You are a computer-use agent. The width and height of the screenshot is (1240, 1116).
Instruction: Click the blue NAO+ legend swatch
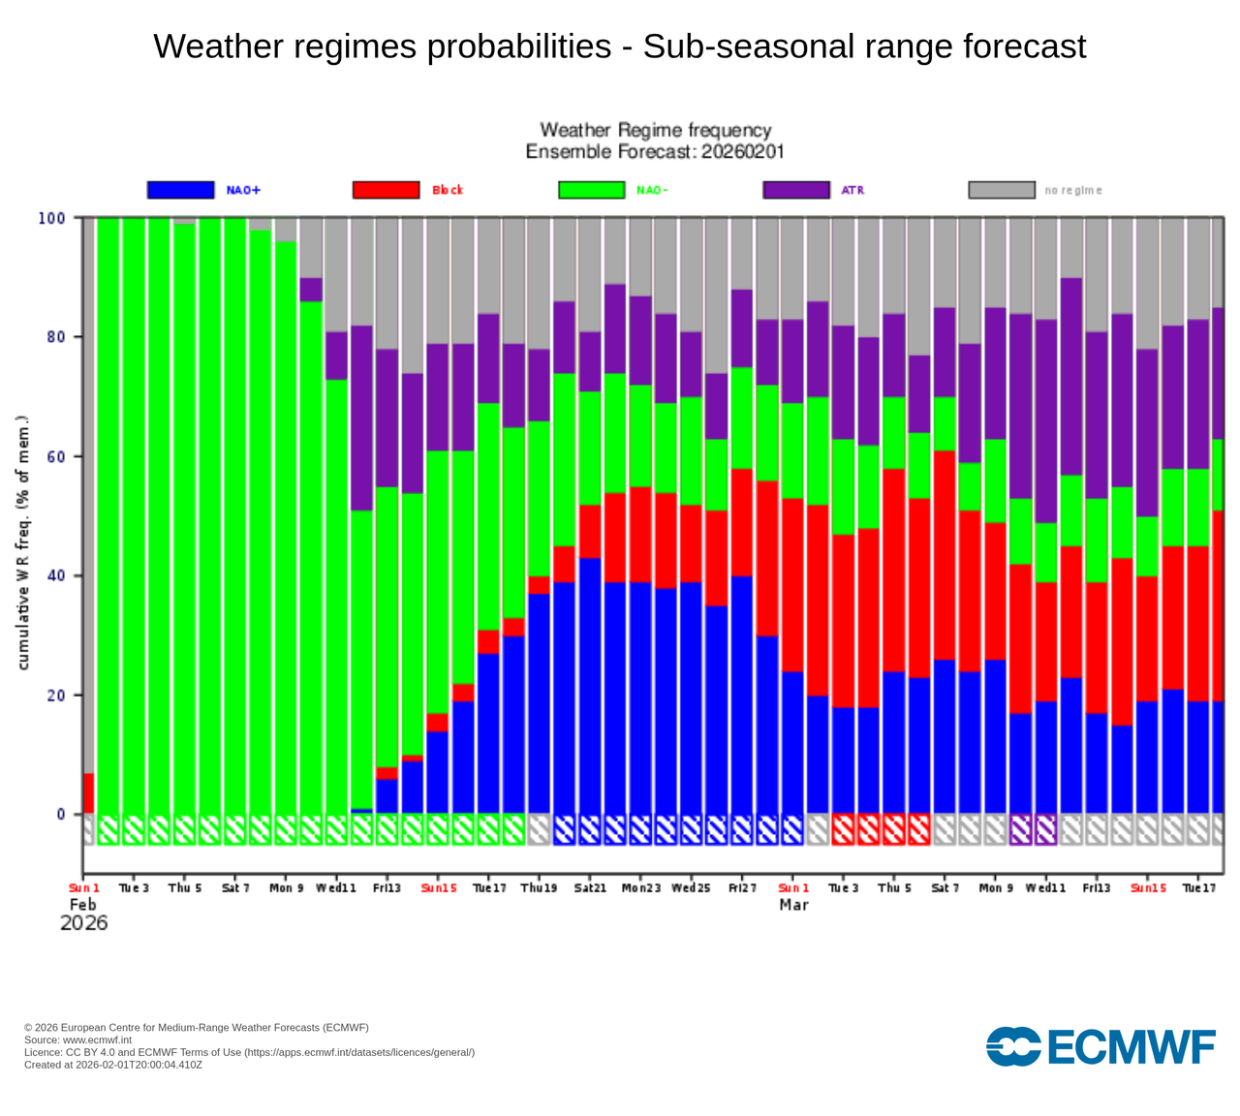tap(180, 190)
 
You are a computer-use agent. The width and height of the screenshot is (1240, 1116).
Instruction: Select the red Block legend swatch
tap(386, 190)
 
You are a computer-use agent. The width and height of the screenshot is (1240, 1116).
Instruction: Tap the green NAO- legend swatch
tap(591, 190)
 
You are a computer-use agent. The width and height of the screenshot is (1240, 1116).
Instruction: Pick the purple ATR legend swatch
tap(796, 190)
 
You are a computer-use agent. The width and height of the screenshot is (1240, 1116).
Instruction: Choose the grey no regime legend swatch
tap(1002, 190)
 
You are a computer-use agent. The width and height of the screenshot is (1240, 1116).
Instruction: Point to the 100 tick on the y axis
tap(52, 219)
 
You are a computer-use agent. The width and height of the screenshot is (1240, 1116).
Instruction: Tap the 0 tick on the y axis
tap(61, 815)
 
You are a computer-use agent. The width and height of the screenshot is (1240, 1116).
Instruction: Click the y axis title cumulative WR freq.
tap(24, 542)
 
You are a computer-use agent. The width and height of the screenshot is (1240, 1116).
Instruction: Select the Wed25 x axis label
tap(691, 888)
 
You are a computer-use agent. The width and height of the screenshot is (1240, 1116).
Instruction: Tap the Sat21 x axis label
tap(590, 888)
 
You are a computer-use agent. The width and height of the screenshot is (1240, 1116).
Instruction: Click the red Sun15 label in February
tap(438, 888)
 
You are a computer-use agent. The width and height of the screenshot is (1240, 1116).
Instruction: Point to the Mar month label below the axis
tap(793, 905)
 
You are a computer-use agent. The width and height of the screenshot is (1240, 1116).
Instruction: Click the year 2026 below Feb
tap(83, 923)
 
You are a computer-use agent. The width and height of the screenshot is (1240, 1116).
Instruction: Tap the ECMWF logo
tap(1100, 1047)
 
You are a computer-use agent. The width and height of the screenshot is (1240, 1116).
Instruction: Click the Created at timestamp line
tap(113, 1065)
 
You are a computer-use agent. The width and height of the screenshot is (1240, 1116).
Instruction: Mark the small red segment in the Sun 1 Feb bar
tap(89, 793)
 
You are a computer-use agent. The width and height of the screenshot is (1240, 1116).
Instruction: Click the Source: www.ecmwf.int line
tap(77, 1039)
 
